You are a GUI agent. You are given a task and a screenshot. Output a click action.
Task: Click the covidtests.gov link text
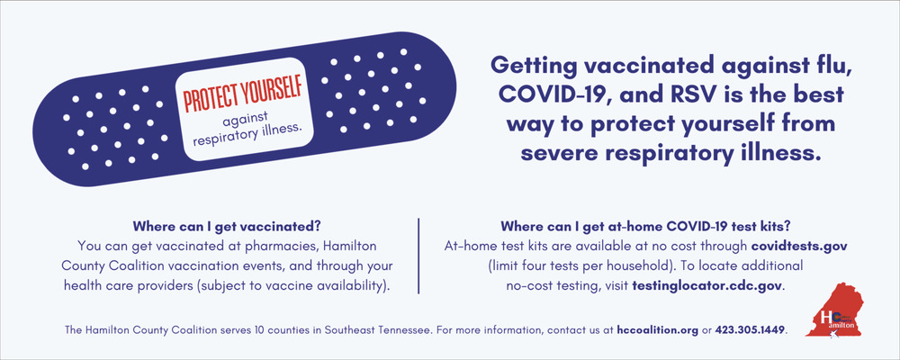coord(799,247)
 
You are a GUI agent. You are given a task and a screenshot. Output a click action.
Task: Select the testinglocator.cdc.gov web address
coord(707,284)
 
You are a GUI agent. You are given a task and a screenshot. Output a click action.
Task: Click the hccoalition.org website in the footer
coord(658,330)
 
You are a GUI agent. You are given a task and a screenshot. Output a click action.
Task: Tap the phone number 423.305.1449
coord(751,330)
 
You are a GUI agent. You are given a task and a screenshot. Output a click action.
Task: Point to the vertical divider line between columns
coord(418,256)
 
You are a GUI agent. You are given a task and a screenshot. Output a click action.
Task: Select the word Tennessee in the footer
coord(408,330)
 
